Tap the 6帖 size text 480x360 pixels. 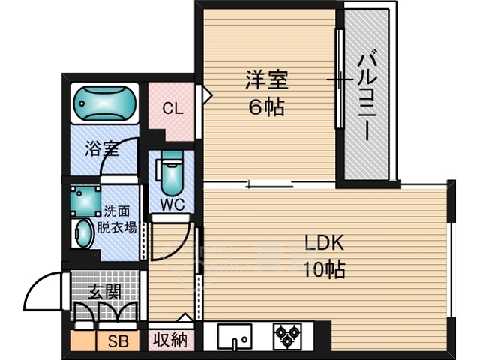pos(266,106)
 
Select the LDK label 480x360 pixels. pos(323,243)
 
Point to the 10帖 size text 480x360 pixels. pos(323,269)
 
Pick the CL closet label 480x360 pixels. pos(172,108)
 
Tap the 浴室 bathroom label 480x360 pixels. pos(101,148)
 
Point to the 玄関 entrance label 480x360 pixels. pos(105,291)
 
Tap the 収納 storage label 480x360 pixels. pos(170,340)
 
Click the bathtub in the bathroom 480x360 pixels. pos(105,104)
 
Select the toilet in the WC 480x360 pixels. pos(172,172)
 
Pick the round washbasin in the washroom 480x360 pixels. pos(82,233)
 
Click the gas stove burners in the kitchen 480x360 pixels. pos(286,335)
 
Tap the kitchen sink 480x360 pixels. pos(234,337)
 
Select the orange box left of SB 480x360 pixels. pos(83,340)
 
